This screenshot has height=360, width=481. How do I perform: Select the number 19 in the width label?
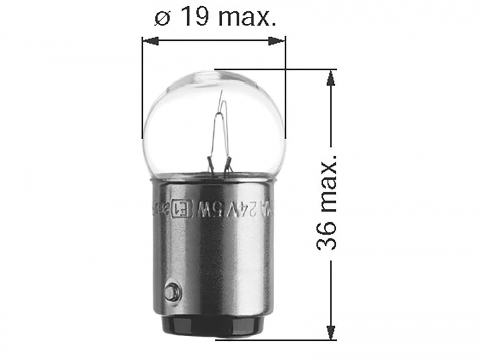click(x=194, y=18)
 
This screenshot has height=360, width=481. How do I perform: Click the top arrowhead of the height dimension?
click(x=330, y=77)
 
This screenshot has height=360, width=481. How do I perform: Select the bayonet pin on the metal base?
click(x=171, y=292)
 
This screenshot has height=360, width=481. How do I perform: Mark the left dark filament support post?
click(x=210, y=164)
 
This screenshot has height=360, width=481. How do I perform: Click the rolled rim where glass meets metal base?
click(x=214, y=178)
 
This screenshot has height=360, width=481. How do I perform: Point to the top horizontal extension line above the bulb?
click(x=274, y=69)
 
